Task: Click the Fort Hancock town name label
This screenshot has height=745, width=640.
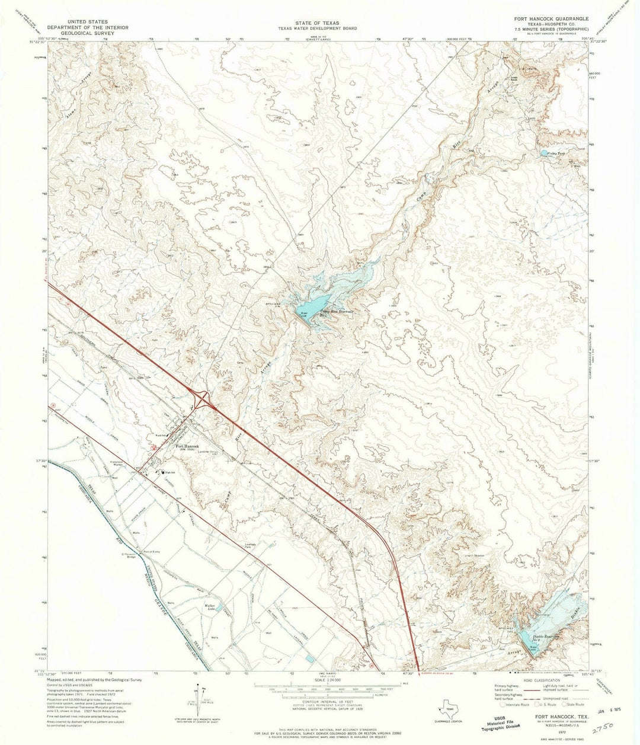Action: pyautogui.click(x=187, y=446)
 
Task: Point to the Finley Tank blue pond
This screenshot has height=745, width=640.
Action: pyautogui.click(x=544, y=153)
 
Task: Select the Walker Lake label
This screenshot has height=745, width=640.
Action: pyautogui.click(x=210, y=607)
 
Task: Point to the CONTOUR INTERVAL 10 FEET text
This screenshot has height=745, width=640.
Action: pyautogui.click(x=320, y=701)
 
